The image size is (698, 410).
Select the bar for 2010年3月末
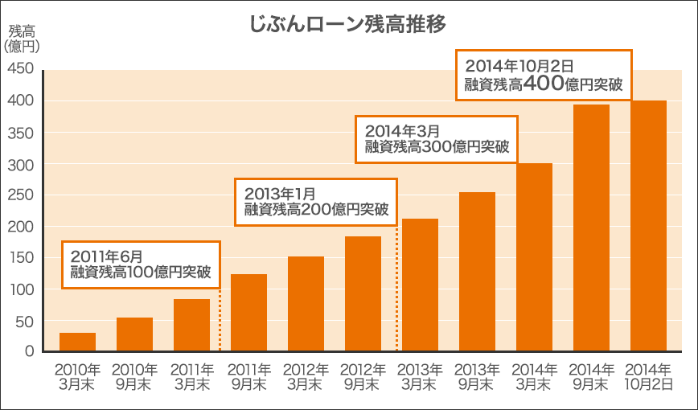(77, 342)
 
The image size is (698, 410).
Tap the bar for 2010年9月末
(134, 334)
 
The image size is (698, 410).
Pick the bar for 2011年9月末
(248, 313)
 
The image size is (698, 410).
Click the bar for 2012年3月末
(306, 304)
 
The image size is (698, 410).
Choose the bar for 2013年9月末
(477, 272)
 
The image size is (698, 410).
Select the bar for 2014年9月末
(591, 228)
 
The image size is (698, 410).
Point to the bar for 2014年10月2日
(648, 226)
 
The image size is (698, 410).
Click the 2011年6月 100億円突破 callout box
(141, 264)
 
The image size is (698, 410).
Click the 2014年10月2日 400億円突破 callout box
(544, 75)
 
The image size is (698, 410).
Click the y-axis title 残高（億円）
(22, 39)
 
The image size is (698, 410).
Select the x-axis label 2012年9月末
(363, 377)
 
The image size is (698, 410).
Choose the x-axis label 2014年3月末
(534, 377)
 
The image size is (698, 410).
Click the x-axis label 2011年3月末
(191, 377)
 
